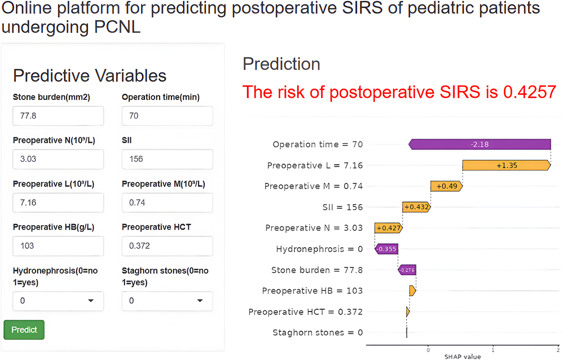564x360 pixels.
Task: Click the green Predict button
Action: [24, 330]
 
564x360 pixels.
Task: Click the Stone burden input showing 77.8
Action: [58, 116]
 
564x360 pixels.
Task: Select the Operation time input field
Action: [167, 116]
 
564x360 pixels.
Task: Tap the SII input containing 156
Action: [167, 159]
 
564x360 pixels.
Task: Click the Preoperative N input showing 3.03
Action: [58, 159]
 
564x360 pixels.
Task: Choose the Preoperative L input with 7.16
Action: [58, 202]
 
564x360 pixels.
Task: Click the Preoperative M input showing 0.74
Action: [167, 202]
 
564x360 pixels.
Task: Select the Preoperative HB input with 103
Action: [58, 245]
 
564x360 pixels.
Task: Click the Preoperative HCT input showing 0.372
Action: [167, 245]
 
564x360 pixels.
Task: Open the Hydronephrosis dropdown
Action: [58, 301]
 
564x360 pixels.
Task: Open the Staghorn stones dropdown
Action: [167, 301]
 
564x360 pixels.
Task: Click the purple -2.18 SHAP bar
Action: [479, 144]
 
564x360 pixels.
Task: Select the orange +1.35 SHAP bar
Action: [506, 165]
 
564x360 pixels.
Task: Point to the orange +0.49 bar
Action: [446, 186]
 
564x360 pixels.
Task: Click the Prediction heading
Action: [281, 64]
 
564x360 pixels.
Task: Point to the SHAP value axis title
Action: [462, 356]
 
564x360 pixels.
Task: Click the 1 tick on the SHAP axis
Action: [493, 349]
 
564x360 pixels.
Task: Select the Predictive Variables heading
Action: [90, 76]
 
